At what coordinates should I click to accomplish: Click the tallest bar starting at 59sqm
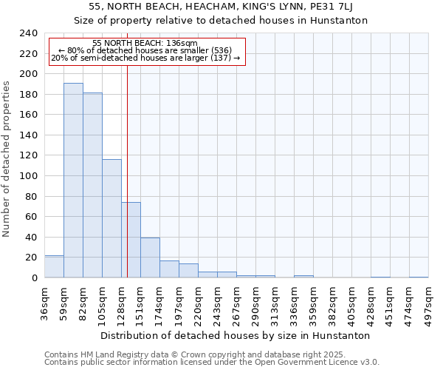click(73, 181)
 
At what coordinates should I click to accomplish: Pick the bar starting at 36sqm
click(54, 266)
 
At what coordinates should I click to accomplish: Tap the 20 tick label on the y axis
click(31, 258)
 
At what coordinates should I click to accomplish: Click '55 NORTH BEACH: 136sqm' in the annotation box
click(145, 43)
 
